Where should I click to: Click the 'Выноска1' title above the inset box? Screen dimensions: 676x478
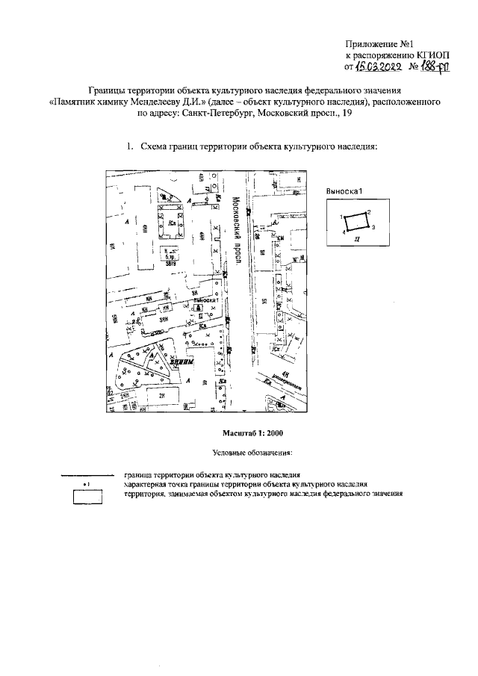[x=344, y=191]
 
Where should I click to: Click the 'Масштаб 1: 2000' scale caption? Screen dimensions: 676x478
[x=253, y=433]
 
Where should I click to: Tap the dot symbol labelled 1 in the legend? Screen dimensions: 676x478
[x=87, y=484]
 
